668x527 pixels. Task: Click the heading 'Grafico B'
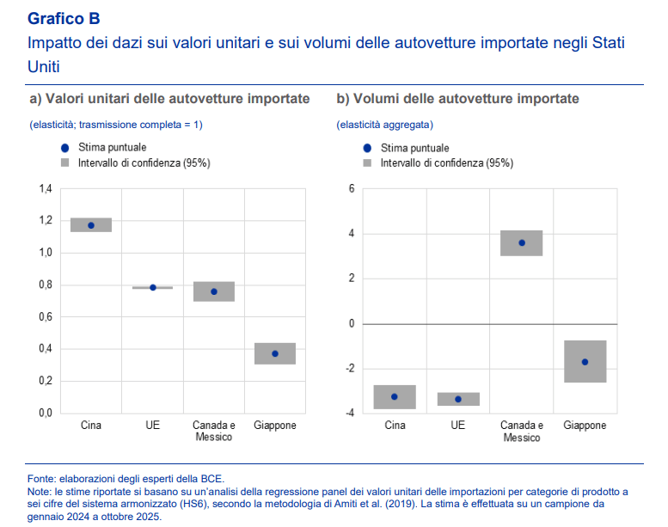63,17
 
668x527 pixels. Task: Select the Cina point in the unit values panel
91,225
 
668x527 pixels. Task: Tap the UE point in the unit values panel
153,287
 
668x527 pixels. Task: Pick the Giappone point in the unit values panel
275,353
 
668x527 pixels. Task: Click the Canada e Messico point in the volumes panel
522,242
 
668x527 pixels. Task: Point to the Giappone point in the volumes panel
585,362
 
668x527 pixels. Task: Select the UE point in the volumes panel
458,399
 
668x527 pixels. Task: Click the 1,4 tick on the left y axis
46,188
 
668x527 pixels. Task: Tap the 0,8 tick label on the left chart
46,285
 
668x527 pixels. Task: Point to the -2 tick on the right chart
349,369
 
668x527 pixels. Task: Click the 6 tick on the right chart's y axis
351,188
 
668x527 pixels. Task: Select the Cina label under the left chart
91,426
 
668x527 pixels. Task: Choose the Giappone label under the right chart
585,426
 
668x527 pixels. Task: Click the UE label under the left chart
153,426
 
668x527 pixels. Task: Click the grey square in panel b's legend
367,162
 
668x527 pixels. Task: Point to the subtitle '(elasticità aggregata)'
384,126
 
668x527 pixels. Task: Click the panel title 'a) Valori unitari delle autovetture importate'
169,99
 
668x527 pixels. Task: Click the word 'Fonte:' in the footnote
43,479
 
